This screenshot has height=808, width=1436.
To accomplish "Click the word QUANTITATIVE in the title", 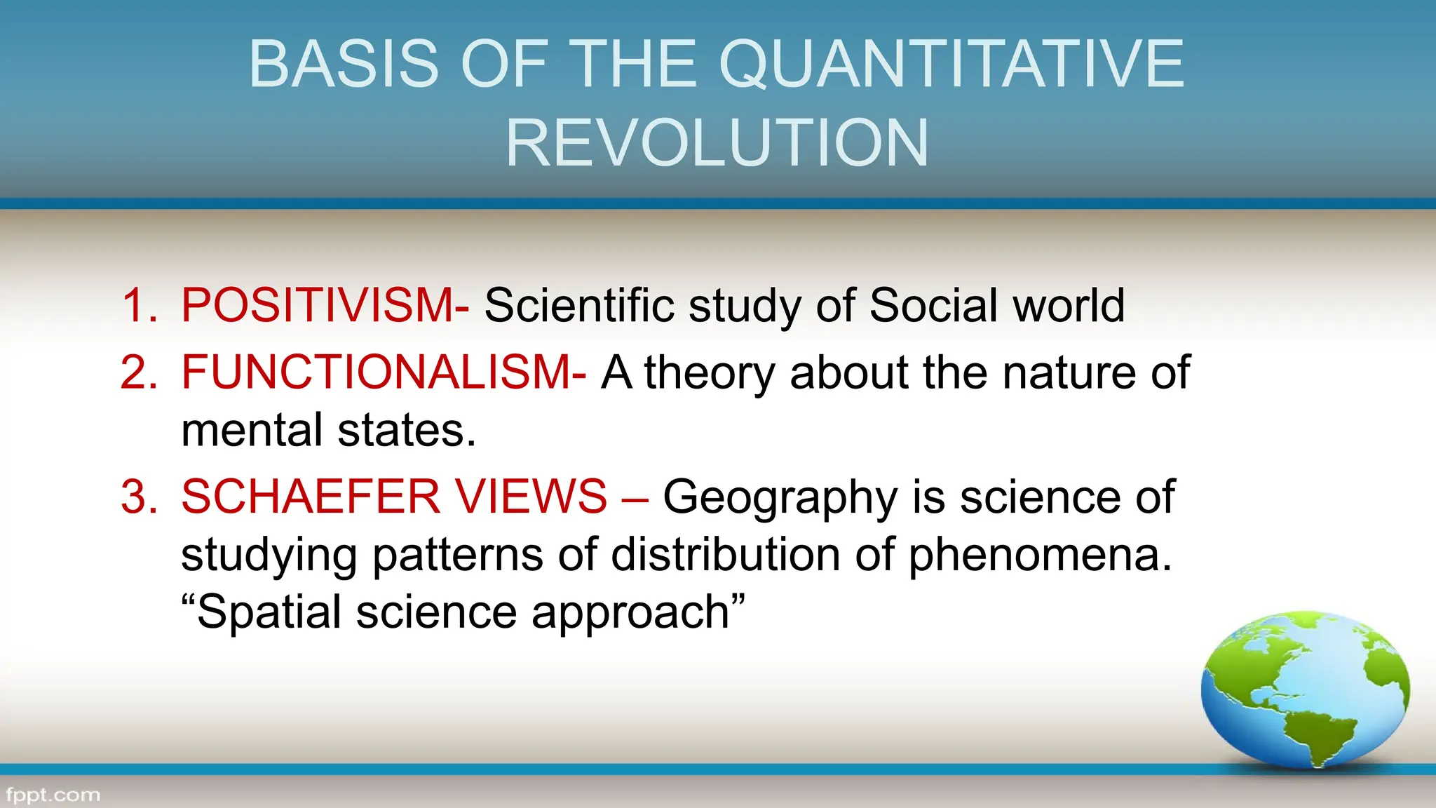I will tap(951, 65).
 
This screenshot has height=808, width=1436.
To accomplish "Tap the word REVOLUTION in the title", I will tap(717, 143).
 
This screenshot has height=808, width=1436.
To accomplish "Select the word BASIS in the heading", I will tap(344, 65).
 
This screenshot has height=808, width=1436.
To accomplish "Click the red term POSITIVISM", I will tap(318, 306).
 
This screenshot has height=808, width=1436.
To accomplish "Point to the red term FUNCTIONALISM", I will tap(377, 372).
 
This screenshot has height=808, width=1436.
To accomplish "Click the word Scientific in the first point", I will tap(579, 306).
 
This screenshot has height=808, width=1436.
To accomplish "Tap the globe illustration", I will tap(1305, 688).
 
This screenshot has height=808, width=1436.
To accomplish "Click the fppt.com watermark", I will tap(53, 795).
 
